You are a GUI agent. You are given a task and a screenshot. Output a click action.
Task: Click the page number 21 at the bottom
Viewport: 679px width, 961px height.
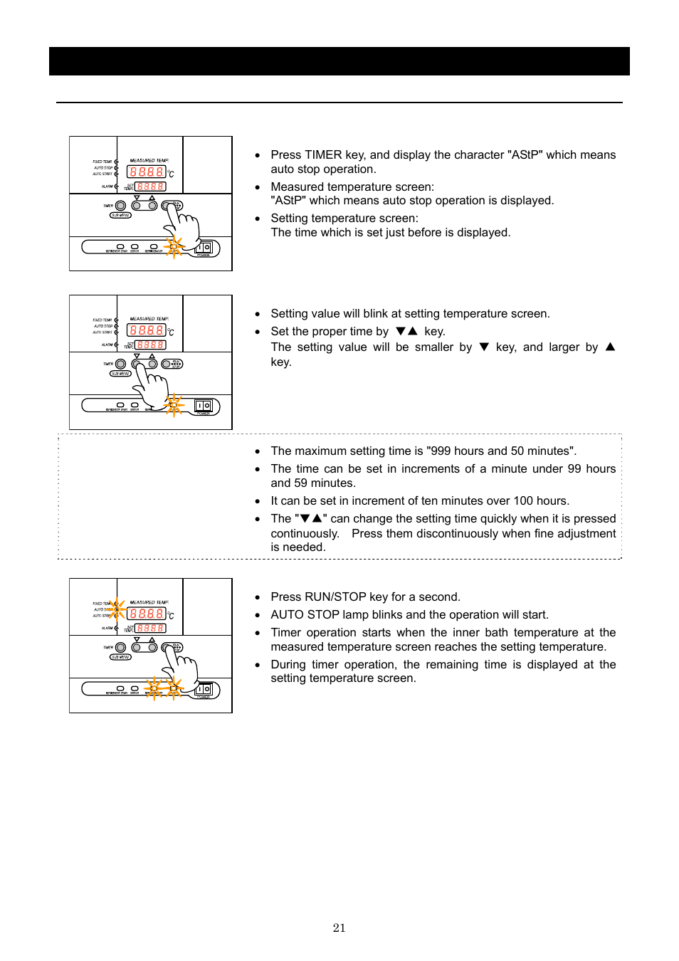coord(339,928)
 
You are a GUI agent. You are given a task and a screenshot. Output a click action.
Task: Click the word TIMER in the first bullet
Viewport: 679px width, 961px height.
coord(322,155)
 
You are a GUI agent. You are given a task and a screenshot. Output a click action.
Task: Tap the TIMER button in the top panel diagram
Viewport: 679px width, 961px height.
coord(121,206)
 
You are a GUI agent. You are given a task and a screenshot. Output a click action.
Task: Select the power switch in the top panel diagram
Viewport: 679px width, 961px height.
coord(204,247)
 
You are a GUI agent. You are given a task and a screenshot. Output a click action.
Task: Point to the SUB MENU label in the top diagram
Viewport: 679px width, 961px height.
coord(120,215)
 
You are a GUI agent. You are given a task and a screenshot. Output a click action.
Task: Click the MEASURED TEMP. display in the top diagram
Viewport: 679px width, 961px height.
coord(146,172)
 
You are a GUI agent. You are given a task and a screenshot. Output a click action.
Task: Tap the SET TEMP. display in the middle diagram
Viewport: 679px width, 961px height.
coord(151,345)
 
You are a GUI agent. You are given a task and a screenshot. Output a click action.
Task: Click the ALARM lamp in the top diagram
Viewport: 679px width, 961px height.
coord(116,187)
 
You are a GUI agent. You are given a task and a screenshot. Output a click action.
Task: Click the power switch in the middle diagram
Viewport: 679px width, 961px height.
coord(204,406)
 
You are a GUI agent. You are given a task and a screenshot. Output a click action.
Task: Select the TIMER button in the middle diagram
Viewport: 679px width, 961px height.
coord(121,364)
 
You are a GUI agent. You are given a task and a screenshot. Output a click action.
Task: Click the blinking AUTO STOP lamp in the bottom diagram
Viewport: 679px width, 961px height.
coord(117,609)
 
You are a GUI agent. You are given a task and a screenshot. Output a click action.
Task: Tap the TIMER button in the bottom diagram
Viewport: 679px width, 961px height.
coord(121,647)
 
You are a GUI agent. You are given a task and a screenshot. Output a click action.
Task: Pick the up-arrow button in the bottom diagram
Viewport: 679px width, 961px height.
coord(152,647)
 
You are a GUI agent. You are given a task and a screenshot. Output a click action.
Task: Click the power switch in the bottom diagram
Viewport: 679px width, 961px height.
coord(204,689)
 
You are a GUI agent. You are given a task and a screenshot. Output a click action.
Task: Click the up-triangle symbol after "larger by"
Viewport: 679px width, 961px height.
coord(610,347)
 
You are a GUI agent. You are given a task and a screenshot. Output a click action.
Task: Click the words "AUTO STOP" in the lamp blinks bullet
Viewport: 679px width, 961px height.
coord(305,615)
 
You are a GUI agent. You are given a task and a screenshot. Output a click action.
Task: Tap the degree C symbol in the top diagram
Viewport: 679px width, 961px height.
coord(171,174)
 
